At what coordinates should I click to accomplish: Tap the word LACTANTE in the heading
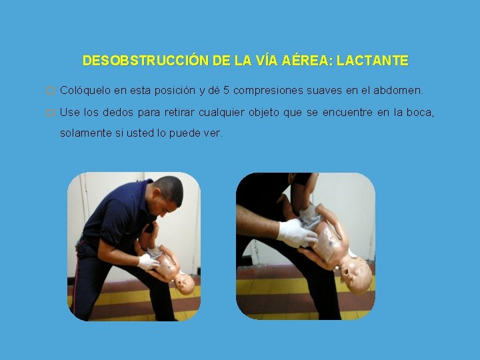click(x=373, y=61)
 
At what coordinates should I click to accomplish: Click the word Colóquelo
click(x=86, y=90)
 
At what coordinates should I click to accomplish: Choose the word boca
click(x=419, y=113)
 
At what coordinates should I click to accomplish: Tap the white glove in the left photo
click(x=147, y=261)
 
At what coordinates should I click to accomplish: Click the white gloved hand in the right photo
click(x=295, y=233)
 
